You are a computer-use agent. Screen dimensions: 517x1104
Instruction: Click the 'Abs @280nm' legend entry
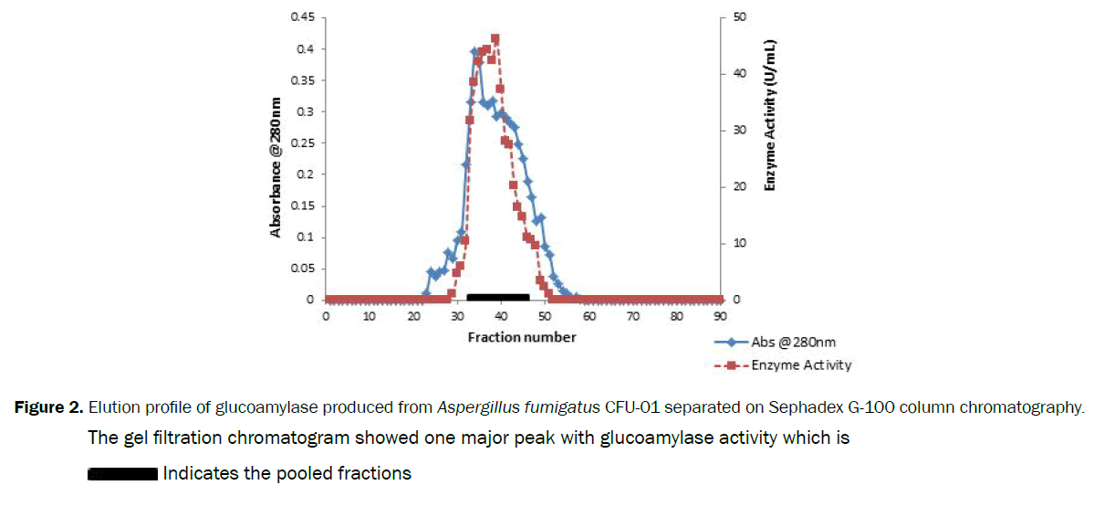coord(793,343)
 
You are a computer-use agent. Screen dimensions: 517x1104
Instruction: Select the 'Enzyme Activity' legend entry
coord(801,365)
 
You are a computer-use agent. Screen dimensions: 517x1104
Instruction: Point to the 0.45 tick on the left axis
coord(302,17)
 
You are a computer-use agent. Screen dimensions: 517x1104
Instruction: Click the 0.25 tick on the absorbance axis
coord(302,143)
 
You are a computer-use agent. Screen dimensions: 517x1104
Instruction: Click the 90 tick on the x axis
coord(719,316)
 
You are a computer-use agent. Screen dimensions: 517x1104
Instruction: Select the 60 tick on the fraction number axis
coord(588,316)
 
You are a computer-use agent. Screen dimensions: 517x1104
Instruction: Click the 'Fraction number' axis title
coord(522,337)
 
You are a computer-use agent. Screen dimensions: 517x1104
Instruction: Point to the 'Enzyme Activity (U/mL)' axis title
coord(770,115)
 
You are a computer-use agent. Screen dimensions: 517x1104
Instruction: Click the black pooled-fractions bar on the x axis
coord(497,297)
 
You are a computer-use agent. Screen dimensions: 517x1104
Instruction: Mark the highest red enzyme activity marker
coord(495,39)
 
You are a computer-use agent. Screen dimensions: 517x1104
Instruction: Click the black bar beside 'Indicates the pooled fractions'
coord(123,474)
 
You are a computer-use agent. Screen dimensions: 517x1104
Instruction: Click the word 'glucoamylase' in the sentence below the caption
coord(650,438)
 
